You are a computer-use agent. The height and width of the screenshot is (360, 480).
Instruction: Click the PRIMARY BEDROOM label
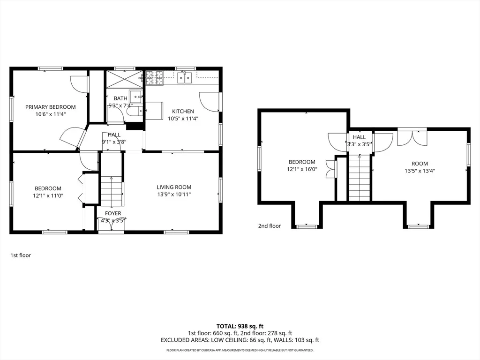(51, 107)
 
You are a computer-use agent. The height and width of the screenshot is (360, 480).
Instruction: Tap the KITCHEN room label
(183, 112)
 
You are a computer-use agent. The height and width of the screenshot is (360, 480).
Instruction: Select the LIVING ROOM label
(174, 187)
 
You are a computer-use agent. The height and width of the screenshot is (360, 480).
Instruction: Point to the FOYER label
(113, 213)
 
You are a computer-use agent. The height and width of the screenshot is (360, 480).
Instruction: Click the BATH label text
(120, 98)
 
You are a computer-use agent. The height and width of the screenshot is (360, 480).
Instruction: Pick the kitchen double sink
(185, 78)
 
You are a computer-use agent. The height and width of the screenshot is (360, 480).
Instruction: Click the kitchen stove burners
(154, 78)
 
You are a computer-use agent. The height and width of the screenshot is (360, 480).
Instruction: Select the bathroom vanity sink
(135, 97)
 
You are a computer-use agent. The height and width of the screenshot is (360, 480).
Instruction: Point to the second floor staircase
(360, 178)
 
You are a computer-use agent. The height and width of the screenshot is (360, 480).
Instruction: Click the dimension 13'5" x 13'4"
(420, 171)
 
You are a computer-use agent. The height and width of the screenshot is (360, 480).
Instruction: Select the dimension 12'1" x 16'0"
(302, 169)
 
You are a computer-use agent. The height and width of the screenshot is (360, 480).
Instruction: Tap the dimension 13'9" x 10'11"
(174, 195)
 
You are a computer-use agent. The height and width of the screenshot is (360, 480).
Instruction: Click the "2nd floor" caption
(270, 226)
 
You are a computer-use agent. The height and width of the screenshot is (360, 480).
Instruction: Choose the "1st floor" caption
(21, 255)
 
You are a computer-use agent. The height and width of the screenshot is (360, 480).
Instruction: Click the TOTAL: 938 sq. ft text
(240, 326)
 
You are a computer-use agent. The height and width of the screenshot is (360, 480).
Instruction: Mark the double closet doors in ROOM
(412, 138)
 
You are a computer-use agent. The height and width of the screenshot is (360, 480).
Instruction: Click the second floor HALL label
(359, 137)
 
